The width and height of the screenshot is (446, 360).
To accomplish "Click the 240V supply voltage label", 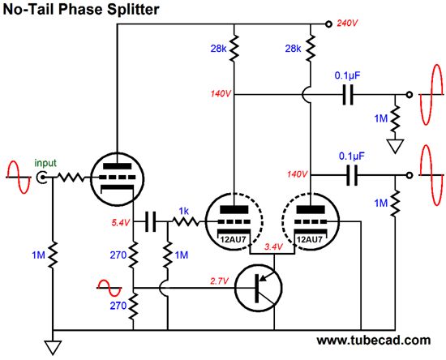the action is [x=347, y=23].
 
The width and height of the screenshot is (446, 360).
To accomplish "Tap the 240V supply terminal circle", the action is [x=328, y=24].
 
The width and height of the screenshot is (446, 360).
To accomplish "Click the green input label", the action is [x=45, y=163].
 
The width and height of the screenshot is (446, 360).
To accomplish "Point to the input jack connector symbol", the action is [x=41, y=178].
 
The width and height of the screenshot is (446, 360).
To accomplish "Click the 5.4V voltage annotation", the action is [x=121, y=223].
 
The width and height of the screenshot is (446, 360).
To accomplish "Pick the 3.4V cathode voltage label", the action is [x=273, y=246].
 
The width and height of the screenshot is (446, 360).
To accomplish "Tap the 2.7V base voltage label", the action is [x=219, y=281].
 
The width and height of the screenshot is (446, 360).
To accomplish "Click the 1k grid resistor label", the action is [x=184, y=211].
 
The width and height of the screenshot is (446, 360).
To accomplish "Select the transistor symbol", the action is [x=258, y=288].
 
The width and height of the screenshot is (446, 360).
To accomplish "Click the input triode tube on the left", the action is [x=118, y=178].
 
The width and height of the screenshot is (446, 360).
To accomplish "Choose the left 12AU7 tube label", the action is [x=233, y=239].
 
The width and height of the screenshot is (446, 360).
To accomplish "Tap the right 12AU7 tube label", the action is [x=309, y=239].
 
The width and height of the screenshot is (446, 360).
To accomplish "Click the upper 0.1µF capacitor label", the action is [x=348, y=75].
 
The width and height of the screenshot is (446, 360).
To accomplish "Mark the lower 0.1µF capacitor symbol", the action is [x=352, y=175].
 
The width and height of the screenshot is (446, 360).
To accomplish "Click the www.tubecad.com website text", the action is [x=374, y=340].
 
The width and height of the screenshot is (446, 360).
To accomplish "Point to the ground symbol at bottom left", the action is [x=53, y=348].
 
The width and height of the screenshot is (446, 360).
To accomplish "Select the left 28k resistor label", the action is [x=218, y=49].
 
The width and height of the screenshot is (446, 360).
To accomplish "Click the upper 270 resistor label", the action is [x=118, y=255].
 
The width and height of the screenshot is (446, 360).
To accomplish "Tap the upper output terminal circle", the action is [x=409, y=94].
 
